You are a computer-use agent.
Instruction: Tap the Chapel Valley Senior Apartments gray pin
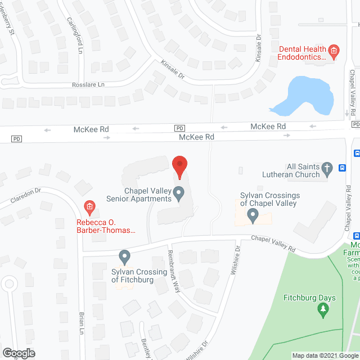(x=179, y=194)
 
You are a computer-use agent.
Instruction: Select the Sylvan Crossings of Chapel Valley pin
(x=253, y=214)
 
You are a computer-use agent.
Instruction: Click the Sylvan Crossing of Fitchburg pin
(x=125, y=258)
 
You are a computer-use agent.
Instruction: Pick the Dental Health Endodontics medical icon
(x=334, y=52)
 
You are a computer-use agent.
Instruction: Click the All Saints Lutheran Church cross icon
(x=326, y=167)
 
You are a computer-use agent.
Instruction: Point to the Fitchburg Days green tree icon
(x=323, y=309)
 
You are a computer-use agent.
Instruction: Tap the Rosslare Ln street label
(x=89, y=84)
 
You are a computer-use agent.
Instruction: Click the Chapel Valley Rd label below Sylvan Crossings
(x=273, y=243)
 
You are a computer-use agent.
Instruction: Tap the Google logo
(x=18, y=353)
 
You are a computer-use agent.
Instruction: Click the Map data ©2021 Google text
(x=325, y=355)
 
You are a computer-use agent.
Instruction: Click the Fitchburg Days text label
(x=309, y=298)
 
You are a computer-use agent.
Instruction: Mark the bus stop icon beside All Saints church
(x=342, y=167)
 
